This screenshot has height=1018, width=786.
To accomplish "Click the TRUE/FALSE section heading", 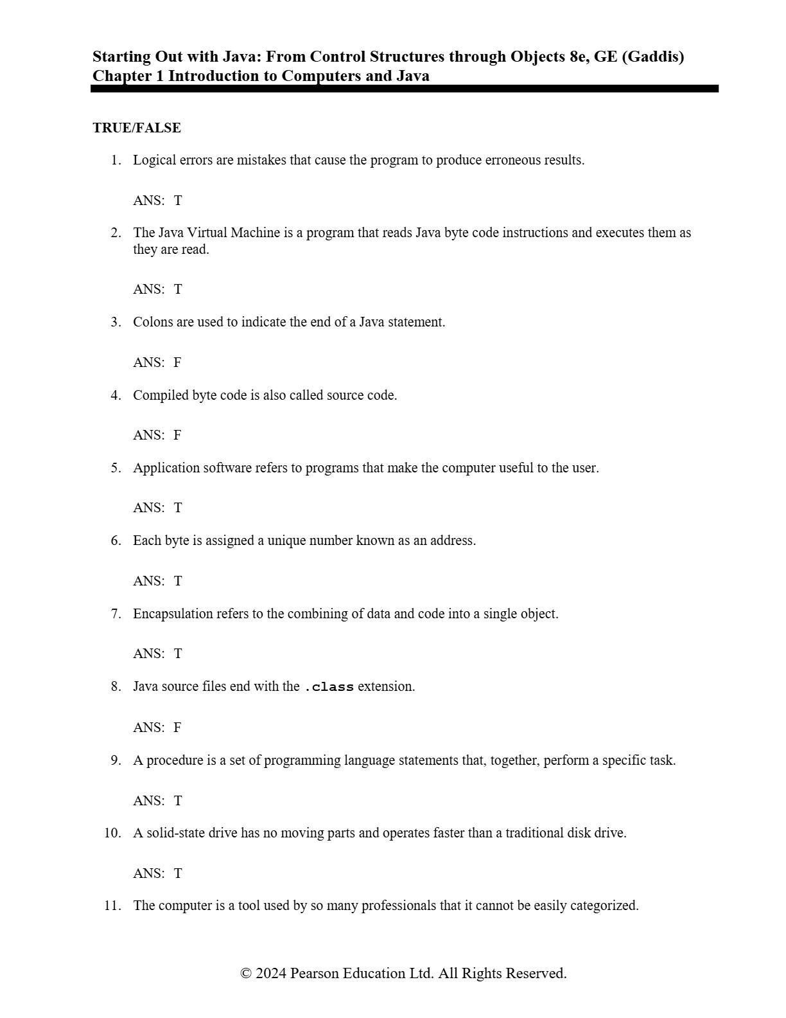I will click(x=137, y=128).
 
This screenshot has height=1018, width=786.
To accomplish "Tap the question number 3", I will click(x=116, y=322).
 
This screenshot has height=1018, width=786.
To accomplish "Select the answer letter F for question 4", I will click(x=177, y=435).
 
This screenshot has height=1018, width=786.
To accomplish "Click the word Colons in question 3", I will click(x=153, y=322).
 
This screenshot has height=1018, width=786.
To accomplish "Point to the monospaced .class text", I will click(x=329, y=687).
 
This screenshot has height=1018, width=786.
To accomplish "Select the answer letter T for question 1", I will click(x=178, y=201).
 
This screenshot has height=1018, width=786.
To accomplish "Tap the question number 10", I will click(x=112, y=833).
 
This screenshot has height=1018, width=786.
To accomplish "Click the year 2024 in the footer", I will click(x=271, y=973).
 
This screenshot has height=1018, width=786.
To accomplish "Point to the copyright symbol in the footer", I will click(x=246, y=974).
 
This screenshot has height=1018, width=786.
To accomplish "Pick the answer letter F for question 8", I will click(x=177, y=728).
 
